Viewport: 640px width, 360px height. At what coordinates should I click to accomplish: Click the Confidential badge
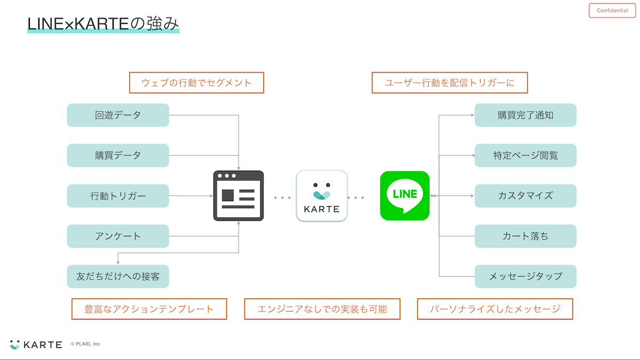click(612, 11)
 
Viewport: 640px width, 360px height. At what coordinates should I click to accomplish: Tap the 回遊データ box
click(118, 115)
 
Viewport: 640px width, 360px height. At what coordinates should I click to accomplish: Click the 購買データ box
click(118, 155)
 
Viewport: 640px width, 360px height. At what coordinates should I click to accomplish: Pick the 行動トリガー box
click(118, 196)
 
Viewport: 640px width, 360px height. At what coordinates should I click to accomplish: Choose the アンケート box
click(118, 236)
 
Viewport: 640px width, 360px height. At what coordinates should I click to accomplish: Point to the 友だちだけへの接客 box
click(118, 276)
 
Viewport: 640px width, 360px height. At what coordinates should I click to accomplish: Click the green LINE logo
click(405, 195)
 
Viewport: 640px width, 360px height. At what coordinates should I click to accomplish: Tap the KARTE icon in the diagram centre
click(322, 196)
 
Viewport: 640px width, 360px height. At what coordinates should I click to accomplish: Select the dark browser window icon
click(238, 196)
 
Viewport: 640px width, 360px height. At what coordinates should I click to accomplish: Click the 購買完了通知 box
click(525, 115)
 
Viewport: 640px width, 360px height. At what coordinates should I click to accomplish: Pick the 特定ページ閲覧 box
click(525, 155)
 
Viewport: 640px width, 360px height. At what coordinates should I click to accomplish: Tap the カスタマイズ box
click(525, 196)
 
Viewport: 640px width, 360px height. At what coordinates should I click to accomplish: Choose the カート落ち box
click(525, 236)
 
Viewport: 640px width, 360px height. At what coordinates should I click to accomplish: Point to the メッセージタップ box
click(525, 276)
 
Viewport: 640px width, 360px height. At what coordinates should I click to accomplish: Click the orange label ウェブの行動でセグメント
click(196, 83)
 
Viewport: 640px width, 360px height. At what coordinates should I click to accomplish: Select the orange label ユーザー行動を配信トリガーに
click(450, 83)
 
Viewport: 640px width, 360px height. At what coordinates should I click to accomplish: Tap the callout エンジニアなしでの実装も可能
click(322, 309)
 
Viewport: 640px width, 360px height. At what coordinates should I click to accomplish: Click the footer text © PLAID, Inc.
click(86, 344)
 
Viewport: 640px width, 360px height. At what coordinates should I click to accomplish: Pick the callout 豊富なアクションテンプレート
click(149, 309)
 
